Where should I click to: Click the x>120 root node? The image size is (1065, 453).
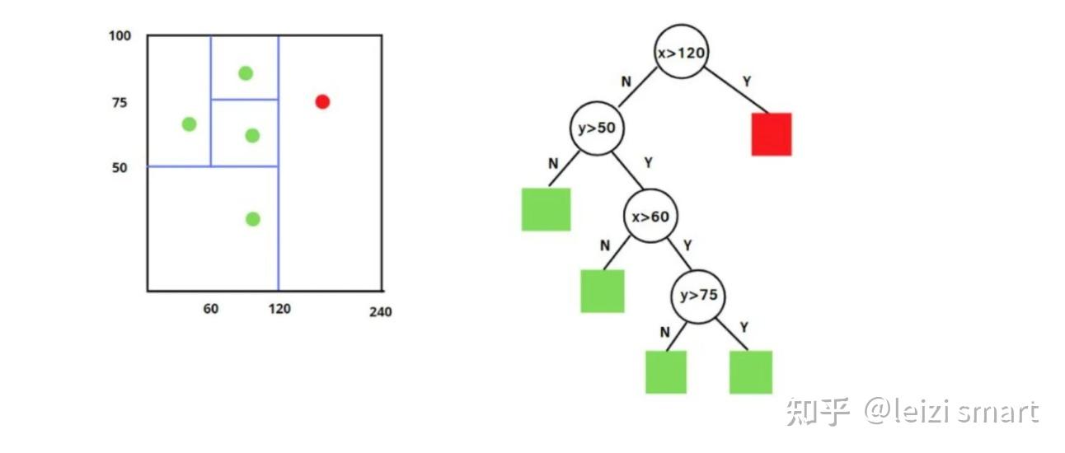click(682, 53)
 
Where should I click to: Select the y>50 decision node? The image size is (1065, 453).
click(595, 128)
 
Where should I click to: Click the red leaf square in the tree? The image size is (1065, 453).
click(771, 134)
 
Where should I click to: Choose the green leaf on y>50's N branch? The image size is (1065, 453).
click(546, 209)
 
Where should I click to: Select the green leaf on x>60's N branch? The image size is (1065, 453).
click(602, 291)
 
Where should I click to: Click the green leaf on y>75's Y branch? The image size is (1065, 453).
click(750, 372)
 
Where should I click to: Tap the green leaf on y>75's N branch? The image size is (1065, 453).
click(665, 372)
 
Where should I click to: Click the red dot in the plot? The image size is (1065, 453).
click(322, 101)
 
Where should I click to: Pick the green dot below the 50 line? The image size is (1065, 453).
click(253, 219)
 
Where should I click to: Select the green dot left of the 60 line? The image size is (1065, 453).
click(189, 124)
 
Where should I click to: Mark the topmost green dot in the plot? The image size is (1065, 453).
click(245, 73)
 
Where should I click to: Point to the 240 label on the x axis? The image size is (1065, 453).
click(380, 312)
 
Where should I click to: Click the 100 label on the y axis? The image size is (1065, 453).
click(120, 37)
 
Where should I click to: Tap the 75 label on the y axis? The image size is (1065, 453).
click(120, 102)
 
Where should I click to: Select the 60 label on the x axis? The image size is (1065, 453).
click(211, 309)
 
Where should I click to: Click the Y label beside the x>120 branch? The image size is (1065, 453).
click(747, 82)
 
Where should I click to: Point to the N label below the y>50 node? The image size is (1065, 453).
click(553, 163)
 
